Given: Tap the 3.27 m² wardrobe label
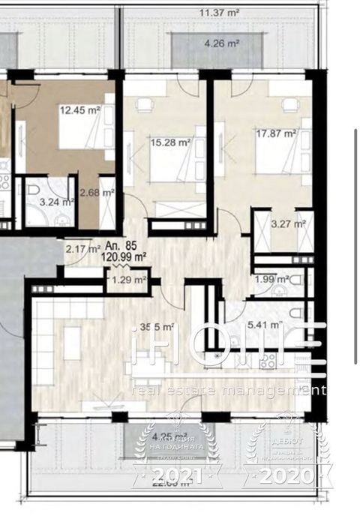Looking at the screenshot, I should pos(288,223).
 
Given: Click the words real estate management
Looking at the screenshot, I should pos(229,390).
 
